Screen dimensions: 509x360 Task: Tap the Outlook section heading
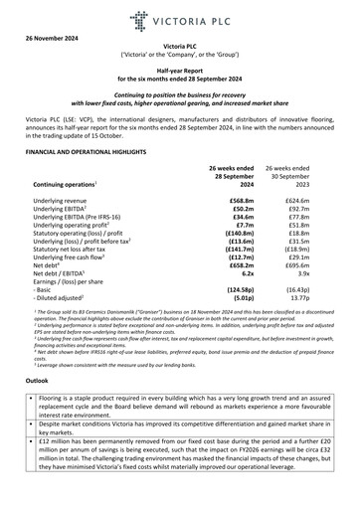pos(38,407)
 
